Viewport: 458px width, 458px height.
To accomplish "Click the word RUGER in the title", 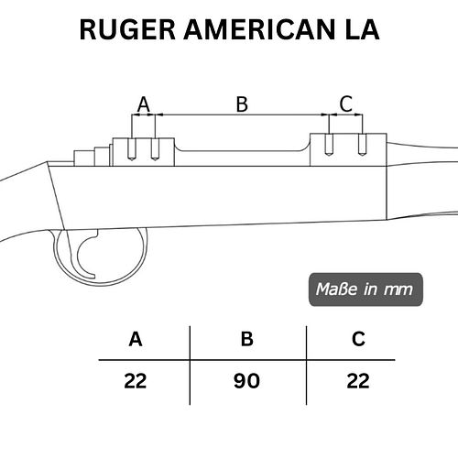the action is click(x=127, y=29).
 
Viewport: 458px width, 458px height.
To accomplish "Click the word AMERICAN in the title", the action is click(x=260, y=29).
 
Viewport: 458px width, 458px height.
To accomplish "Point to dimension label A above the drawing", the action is click(x=144, y=104).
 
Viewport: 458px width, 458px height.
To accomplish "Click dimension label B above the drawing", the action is click(x=242, y=104).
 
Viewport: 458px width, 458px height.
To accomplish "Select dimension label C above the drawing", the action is click(x=346, y=104).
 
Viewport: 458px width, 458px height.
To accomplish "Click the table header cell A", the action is click(x=136, y=339).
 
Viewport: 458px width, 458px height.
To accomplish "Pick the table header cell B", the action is click(x=246, y=339).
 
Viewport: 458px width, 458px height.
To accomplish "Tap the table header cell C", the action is click(x=358, y=339).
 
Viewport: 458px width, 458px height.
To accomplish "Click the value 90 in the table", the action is click(x=246, y=381).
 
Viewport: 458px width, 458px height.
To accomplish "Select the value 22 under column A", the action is click(x=136, y=381).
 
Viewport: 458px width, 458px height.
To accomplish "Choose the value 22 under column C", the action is click(x=358, y=381).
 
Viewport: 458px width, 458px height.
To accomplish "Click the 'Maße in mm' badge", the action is click(x=365, y=289).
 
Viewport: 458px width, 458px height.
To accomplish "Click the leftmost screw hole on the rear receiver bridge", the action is click(x=132, y=149).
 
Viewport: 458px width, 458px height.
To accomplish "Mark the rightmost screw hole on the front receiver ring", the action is click(x=362, y=145).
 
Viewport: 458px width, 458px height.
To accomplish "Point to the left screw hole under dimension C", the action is click(x=329, y=145).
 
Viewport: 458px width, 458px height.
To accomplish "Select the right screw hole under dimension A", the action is click(x=155, y=149).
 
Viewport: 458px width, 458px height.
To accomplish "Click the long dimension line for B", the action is click(x=242, y=114).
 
